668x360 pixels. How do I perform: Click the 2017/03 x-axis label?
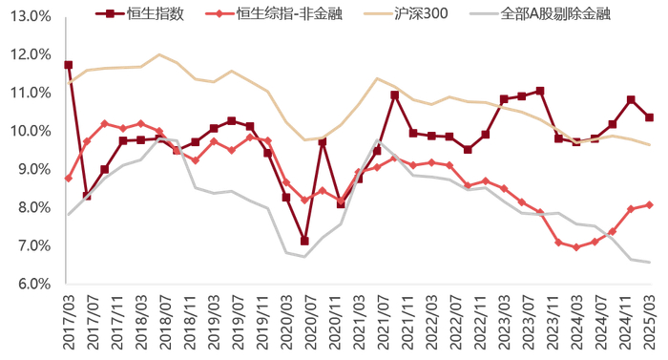pyautogui.click(x=69, y=322)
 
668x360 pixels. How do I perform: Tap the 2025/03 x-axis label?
pyautogui.click(x=650, y=322)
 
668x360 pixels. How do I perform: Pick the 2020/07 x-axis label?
pyautogui.click(x=304, y=322)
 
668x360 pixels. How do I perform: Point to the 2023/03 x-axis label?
pyautogui.click(x=504, y=322)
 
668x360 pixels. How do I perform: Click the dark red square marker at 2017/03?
pyautogui.click(x=68, y=65)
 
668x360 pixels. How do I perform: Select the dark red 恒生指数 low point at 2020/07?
pyautogui.click(x=304, y=241)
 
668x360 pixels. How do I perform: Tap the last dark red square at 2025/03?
pyautogui.click(x=650, y=117)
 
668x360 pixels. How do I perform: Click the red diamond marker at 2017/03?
pyautogui.click(x=68, y=179)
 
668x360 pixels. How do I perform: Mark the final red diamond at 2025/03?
pyautogui.click(x=650, y=204)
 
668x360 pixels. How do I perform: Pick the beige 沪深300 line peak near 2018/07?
pyautogui.click(x=158, y=54)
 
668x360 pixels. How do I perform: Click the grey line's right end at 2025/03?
pyautogui.click(x=650, y=263)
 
